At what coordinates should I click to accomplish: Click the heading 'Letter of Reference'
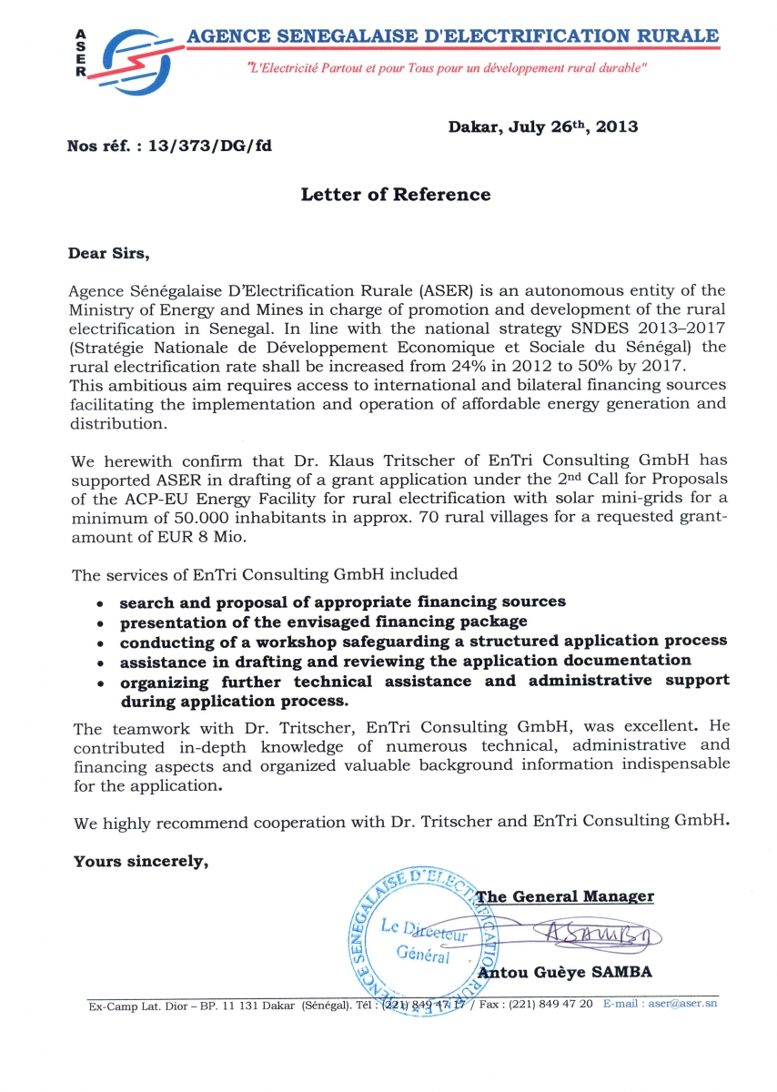click(395, 195)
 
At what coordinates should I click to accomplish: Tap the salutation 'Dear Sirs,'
click(107, 253)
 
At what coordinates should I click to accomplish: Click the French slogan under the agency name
click(447, 68)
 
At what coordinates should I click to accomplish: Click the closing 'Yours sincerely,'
click(141, 861)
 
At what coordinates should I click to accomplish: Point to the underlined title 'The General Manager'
click(564, 896)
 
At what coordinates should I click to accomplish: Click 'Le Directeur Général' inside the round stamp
click(424, 941)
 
